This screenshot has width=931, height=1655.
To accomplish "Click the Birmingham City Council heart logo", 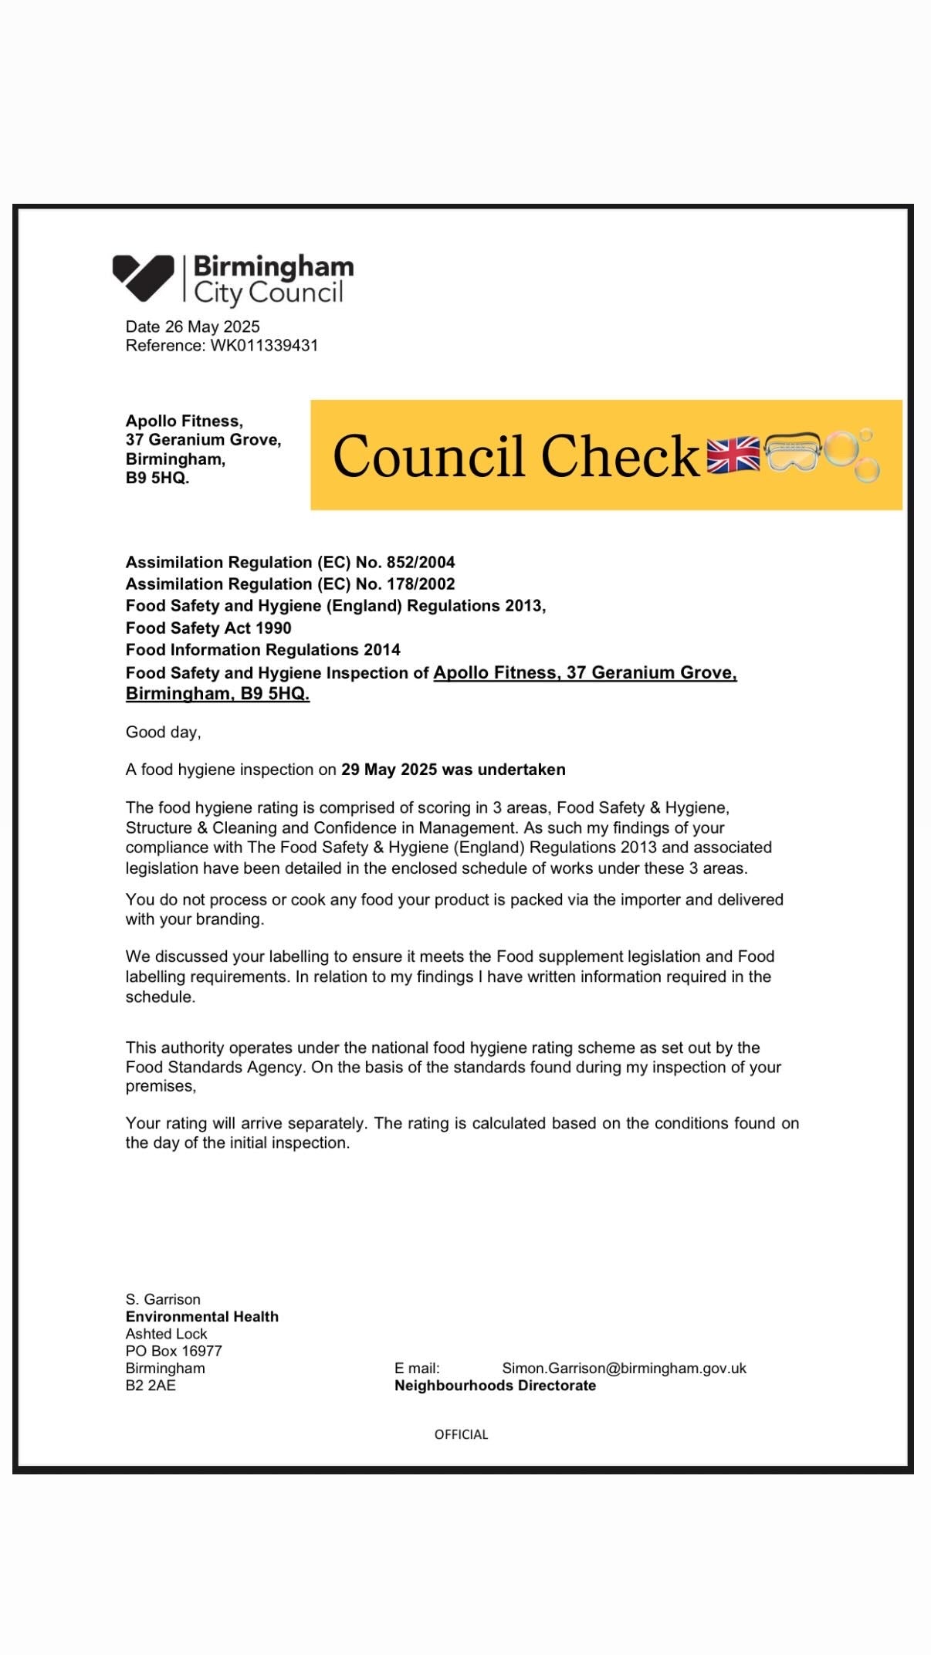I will pyautogui.click(x=144, y=278).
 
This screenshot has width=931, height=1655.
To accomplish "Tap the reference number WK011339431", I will pyautogui.click(x=264, y=346).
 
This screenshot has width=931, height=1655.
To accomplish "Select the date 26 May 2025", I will pyautogui.click(x=212, y=327).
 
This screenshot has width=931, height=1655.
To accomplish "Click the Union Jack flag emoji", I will pyautogui.click(x=733, y=455).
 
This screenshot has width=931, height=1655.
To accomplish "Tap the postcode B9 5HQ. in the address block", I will pyautogui.click(x=157, y=478).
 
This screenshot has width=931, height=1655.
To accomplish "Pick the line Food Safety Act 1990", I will pyautogui.click(x=208, y=628).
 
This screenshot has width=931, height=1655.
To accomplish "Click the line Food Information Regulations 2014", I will pyautogui.click(x=263, y=649).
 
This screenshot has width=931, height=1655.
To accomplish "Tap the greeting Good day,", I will pyautogui.click(x=164, y=732).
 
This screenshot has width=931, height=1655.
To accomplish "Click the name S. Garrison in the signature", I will pyautogui.click(x=163, y=1299).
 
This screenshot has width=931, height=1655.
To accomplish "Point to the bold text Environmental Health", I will pyautogui.click(x=202, y=1316).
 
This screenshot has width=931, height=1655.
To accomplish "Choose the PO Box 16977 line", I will pyautogui.click(x=174, y=1351).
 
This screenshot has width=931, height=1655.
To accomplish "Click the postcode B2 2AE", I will pyautogui.click(x=151, y=1386).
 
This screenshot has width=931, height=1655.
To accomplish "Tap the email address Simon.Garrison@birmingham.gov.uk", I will pyautogui.click(x=624, y=1368).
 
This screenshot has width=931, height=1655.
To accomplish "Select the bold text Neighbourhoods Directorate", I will pyautogui.click(x=495, y=1386).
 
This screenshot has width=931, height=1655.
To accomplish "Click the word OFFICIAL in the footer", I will pyautogui.click(x=461, y=1434).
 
